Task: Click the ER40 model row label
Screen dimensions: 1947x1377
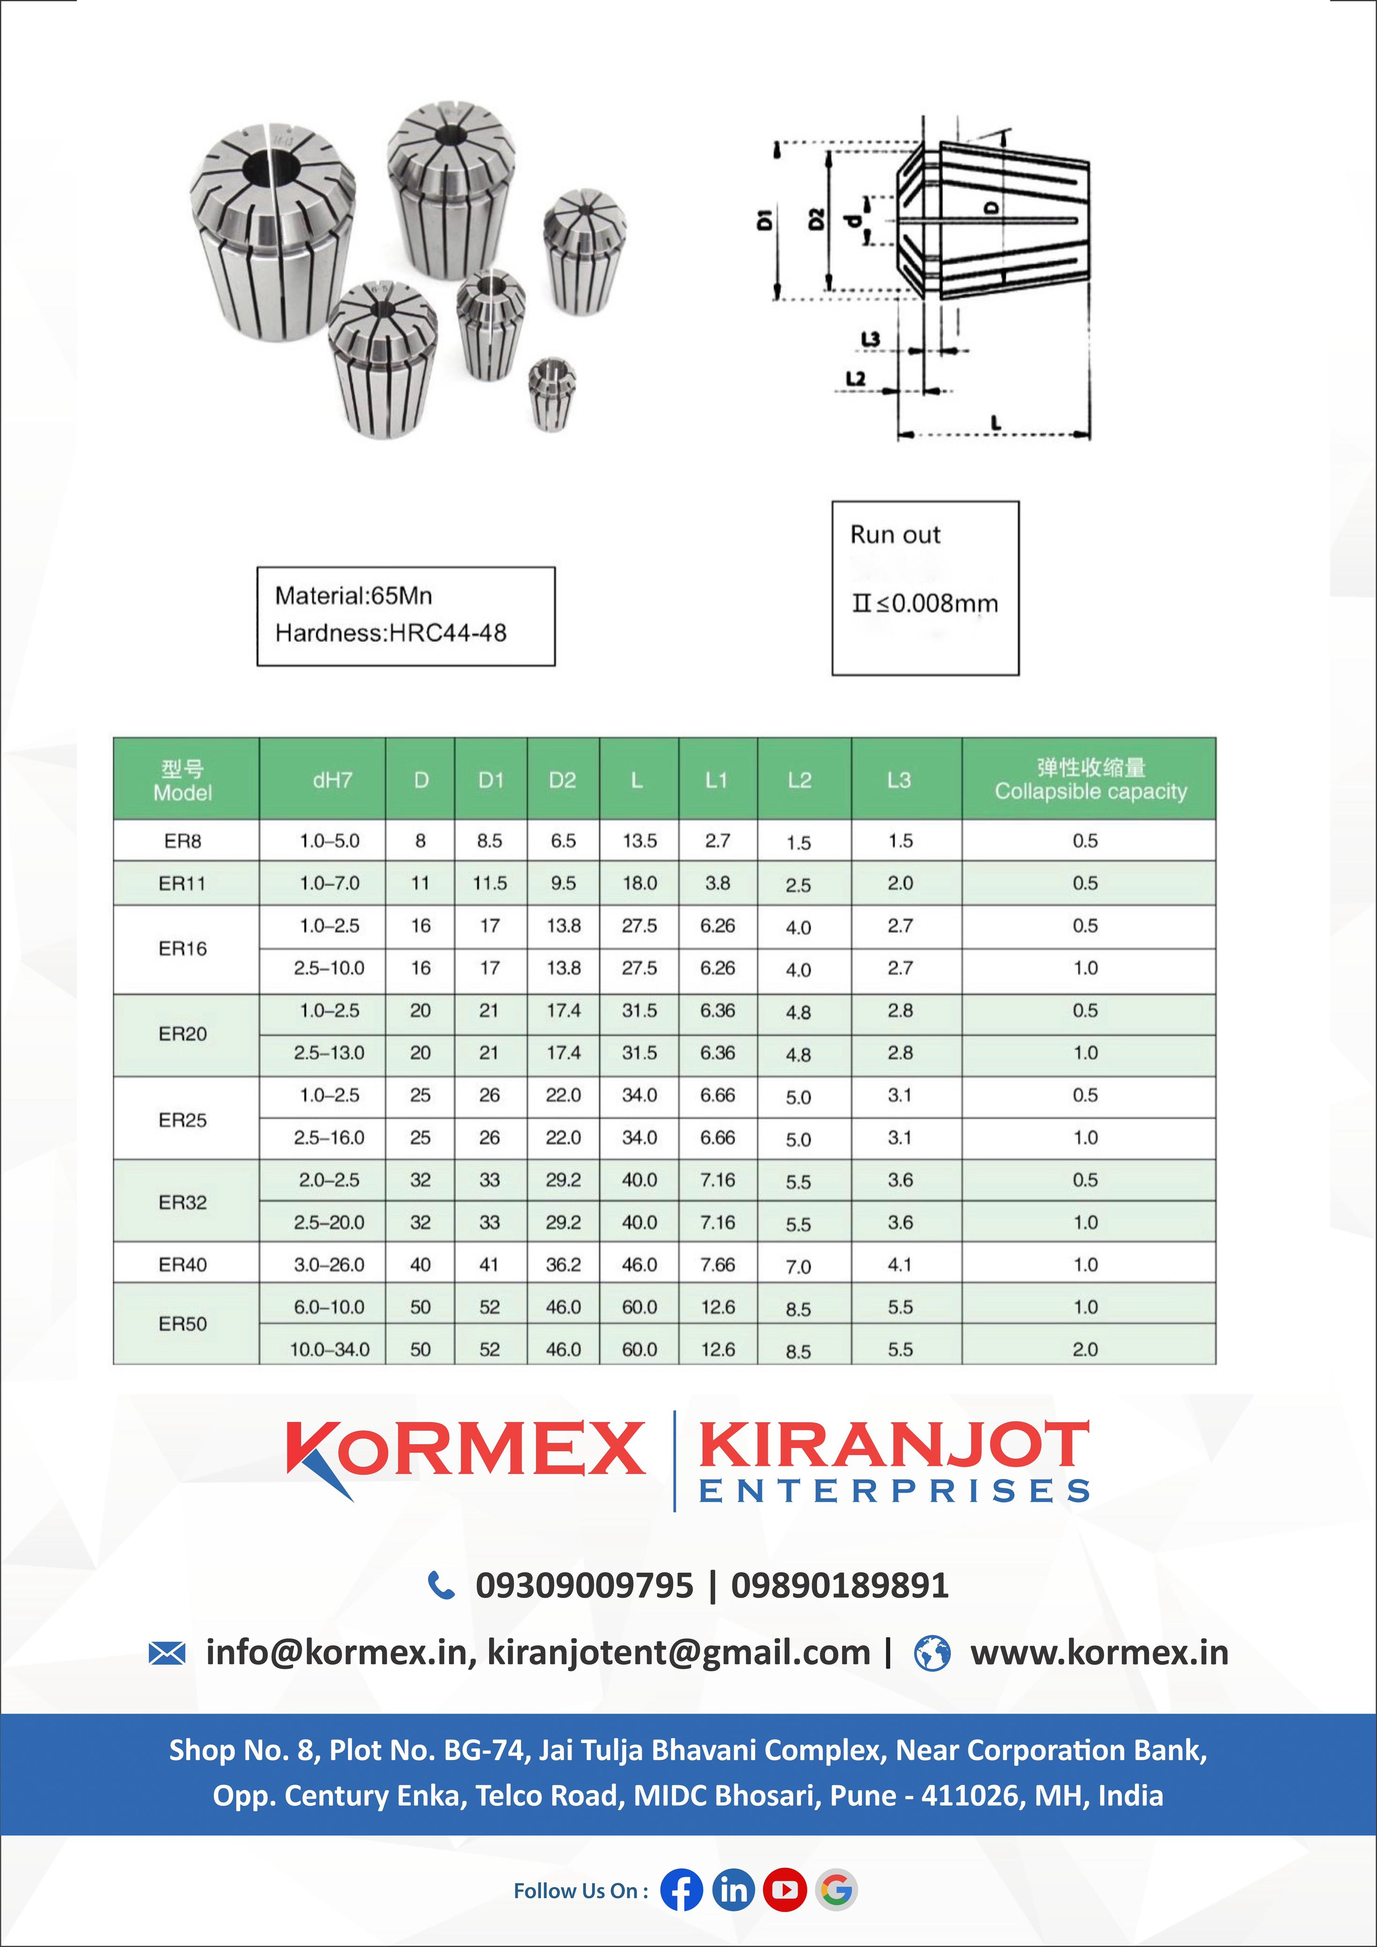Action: coord(182,1264)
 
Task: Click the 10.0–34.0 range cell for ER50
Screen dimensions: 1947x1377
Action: coord(330,1349)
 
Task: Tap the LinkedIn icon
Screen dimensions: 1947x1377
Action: coord(733,1890)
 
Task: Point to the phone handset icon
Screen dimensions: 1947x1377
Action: coord(441,1585)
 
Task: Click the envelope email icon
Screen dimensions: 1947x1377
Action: coord(167,1653)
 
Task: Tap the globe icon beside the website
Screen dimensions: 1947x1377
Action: coord(932,1653)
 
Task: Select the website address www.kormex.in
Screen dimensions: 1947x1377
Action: coord(1099,1653)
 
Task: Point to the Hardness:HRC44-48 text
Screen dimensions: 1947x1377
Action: coord(391,633)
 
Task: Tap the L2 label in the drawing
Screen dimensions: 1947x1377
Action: coord(856,378)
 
